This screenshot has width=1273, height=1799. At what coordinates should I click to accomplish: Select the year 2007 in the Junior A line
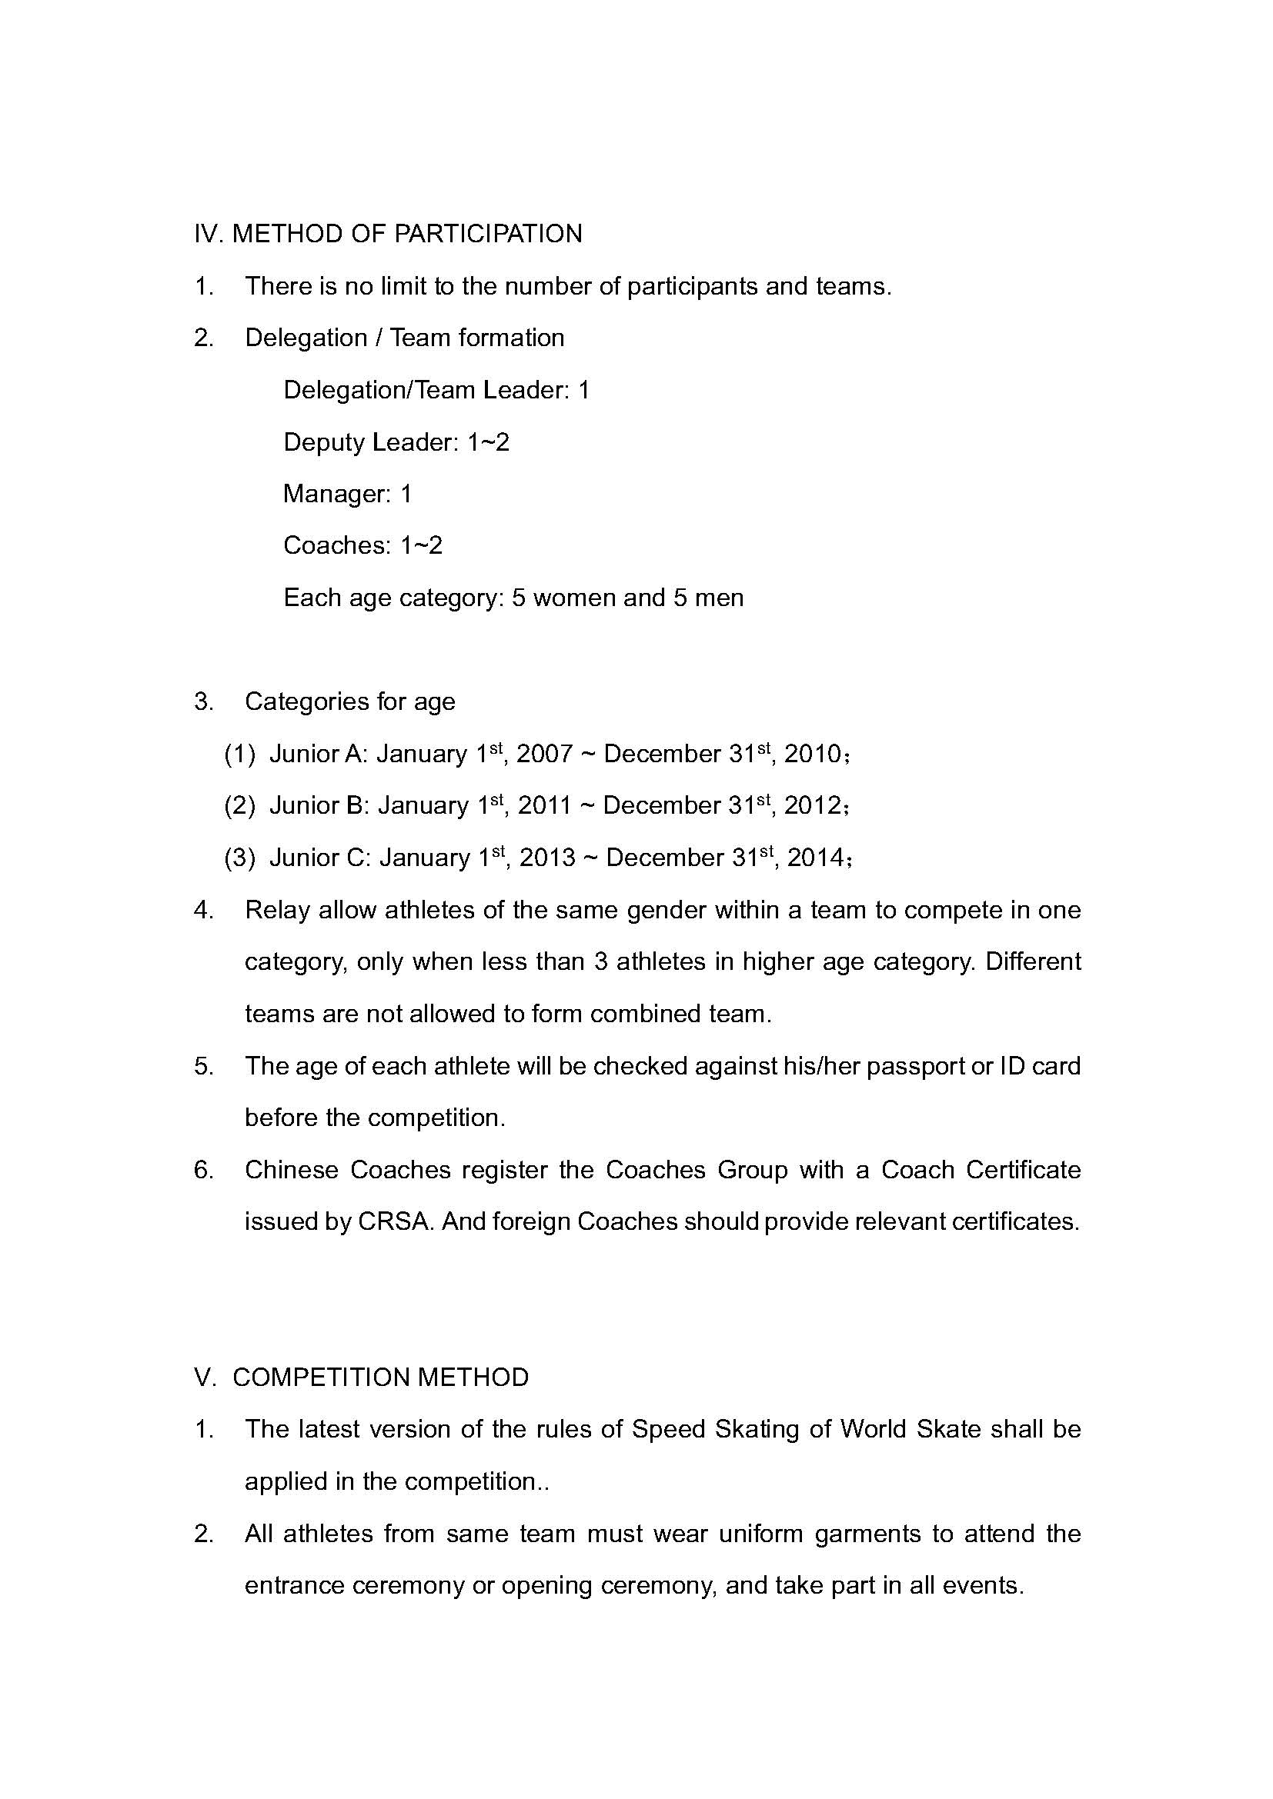tap(544, 754)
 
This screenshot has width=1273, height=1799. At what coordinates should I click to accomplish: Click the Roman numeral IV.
tap(209, 234)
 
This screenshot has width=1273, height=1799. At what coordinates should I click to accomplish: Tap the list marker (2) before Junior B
tap(240, 805)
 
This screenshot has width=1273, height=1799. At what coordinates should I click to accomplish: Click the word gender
tap(693, 910)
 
